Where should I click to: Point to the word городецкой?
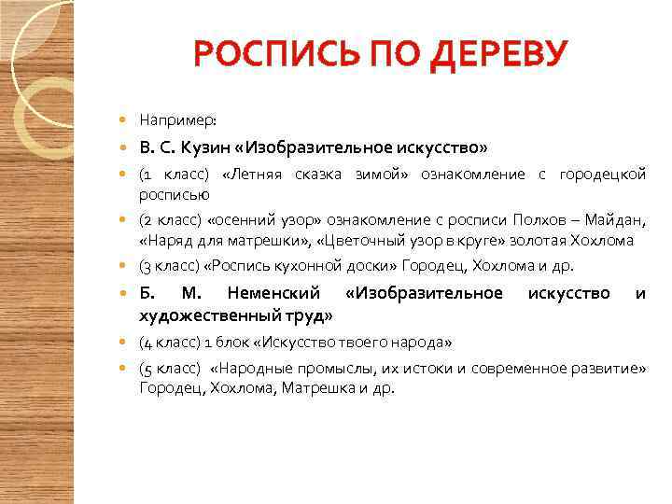coord(602,175)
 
